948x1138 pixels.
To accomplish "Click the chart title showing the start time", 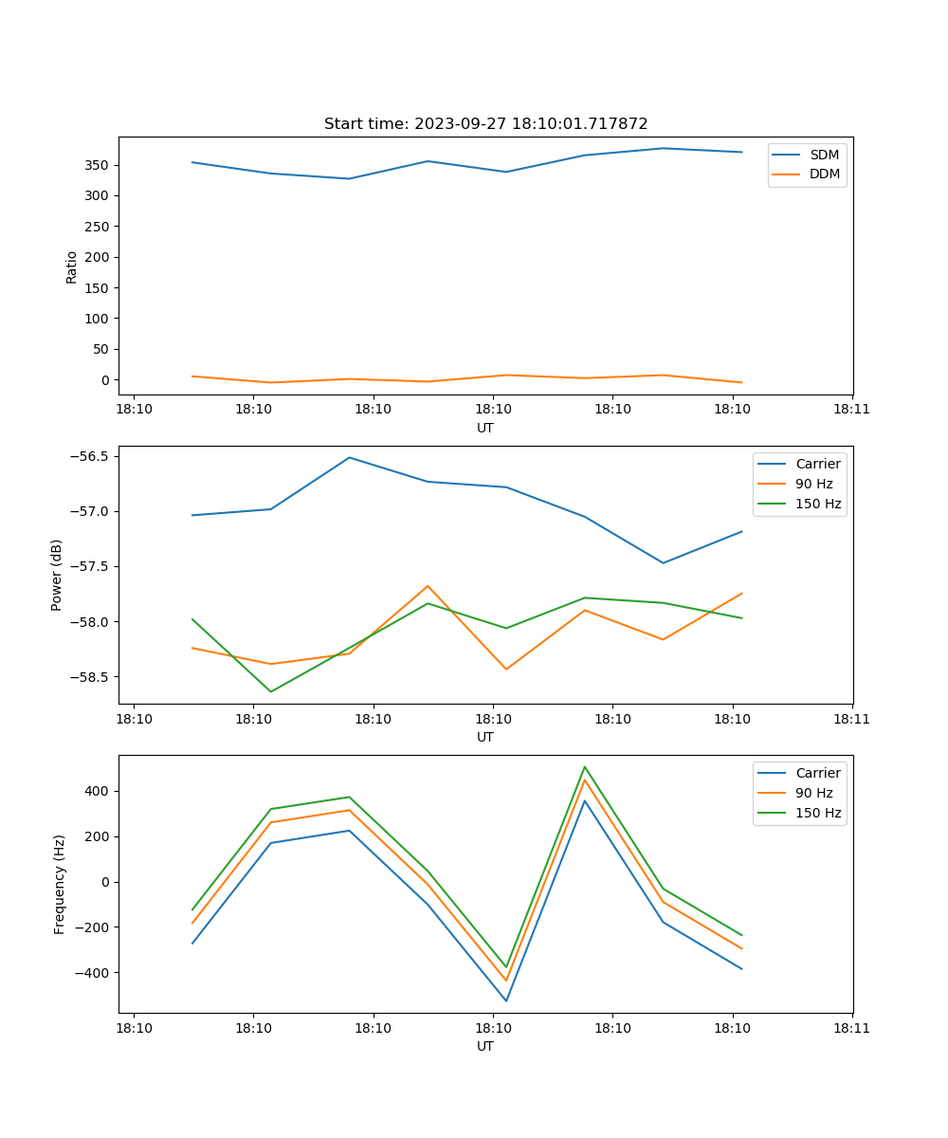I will coord(485,124).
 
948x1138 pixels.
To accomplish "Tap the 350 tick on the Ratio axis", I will coord(99,165).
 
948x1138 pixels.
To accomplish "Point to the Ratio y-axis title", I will coord(72,266).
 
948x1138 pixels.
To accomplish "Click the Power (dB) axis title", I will coord(57,575).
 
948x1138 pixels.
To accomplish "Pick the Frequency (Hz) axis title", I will coord(60,884).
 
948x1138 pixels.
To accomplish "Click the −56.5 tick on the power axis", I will coord(90,456).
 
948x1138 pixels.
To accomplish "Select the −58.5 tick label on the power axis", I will coord(90,677).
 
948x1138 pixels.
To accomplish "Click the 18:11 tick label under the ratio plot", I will coord(851,409).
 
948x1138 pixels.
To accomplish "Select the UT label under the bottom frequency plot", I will coord(485,1047).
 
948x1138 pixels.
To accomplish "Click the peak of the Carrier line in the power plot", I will coord(349,457).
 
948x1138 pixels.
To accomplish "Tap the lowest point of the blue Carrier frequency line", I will coord(506,1000).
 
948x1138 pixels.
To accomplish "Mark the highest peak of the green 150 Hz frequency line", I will coord(585,766).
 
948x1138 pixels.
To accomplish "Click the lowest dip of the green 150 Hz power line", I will coord(271,691).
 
